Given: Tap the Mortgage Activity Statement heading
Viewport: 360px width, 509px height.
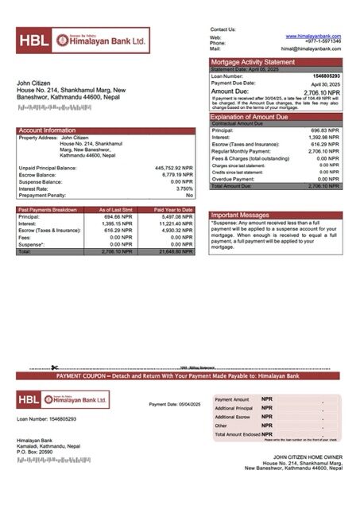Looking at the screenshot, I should pos(253,62).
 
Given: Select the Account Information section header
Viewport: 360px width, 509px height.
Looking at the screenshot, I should pos(47,130).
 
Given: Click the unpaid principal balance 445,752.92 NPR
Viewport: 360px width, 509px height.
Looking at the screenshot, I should pos(175,169).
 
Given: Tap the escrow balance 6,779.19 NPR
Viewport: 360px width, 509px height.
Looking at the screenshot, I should pos(176,175).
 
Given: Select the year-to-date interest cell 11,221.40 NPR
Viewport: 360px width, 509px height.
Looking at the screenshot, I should pos(176,223).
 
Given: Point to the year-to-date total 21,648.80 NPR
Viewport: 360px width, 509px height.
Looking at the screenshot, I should pos(176,251).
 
